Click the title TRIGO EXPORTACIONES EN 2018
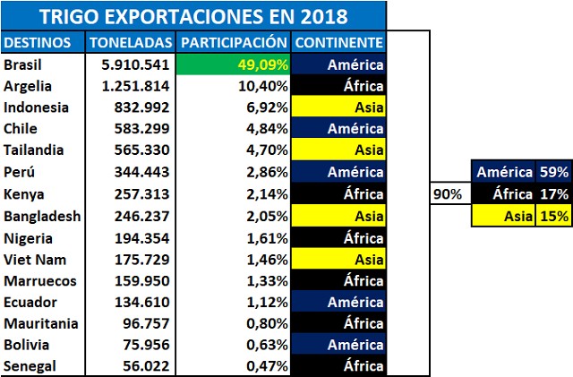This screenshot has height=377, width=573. point(193,15)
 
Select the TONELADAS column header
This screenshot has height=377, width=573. point(133,43)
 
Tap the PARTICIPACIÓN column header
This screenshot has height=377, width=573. point(234,43)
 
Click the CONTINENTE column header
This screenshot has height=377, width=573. point(338,43)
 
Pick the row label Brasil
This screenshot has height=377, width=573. point(24,65)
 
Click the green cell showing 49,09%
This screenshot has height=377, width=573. point(235,65)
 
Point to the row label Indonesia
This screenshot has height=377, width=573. point(34,107)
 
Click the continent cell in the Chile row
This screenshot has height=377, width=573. point(338,129)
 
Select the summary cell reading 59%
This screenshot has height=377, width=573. point(551,172)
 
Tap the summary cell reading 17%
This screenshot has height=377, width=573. point(551,193)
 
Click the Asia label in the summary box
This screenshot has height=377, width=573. point(517,215)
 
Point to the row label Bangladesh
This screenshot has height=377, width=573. point(41,216)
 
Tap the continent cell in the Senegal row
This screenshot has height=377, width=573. point(338,365)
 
